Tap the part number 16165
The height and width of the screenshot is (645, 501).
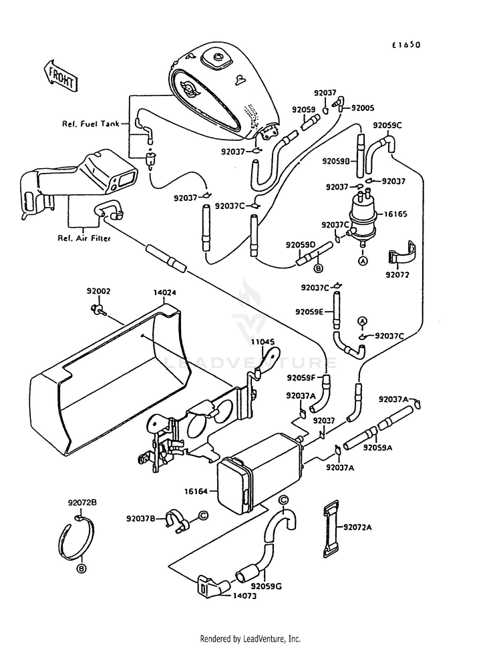pyautogui.click(x=395, y=214)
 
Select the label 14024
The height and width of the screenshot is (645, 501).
pyautogui.click(x=165, y=293)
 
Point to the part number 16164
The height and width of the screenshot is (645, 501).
pyautogui.click(x=196, y=491)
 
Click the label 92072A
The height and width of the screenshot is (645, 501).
pyautogui.click(x=358, y=527)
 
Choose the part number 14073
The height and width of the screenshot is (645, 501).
pyautogui.click(x=244, y=596)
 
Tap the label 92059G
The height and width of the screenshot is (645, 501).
pyautogui.click(x=267, y=586)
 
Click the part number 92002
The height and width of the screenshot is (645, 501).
pyautogui.click(x=98, y=291)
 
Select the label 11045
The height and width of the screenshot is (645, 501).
pyautogui.click(x=263, y=342)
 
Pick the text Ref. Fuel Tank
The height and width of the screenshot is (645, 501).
pyautogui.click(x=91, y=124)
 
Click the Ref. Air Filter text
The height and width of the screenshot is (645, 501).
pyautogui.click(x=84, y=238)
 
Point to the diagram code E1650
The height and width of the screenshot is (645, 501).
pyautogui.click(x=406, y=45)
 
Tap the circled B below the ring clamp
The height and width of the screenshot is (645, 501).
pyautogui.click(x=81, y=569)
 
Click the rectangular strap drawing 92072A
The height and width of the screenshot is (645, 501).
pyautogui.click(x=330, y=529)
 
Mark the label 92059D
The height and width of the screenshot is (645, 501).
pyautogui.click(x=301, y=245)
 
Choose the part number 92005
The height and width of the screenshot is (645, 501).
pyautogui.click(x=363, y=107)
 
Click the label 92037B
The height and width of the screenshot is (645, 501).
pyautogui.click(x=141, y=519)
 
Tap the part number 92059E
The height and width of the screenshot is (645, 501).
pyautogui.click(x=309, y=312)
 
